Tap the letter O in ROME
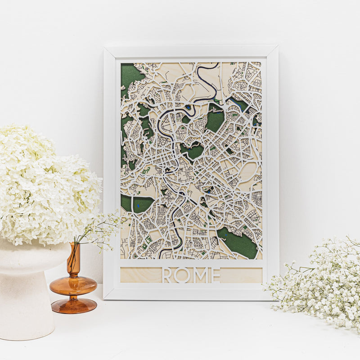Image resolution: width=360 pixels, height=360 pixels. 183,275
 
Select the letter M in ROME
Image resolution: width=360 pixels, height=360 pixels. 200,275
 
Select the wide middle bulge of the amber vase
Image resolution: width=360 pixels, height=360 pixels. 73,285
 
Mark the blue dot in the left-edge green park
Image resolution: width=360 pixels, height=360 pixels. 138,206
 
